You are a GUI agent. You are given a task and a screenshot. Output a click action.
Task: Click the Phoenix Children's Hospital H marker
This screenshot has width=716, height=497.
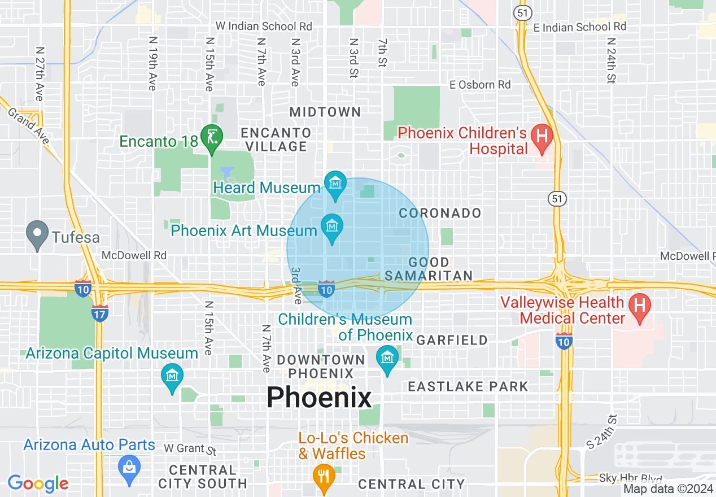(542, 138)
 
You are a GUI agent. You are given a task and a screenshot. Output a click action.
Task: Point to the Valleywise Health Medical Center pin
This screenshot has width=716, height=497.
(639, 307)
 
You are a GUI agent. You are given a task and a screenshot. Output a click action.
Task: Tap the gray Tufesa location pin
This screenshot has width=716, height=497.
(38, 234)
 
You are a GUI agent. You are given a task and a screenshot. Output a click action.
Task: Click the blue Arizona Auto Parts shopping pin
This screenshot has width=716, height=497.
(129, 469)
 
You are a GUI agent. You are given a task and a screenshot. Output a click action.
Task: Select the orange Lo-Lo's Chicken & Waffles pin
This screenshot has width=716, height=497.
(324, 476)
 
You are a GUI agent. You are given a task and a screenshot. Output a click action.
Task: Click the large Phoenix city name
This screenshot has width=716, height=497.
(319, 398)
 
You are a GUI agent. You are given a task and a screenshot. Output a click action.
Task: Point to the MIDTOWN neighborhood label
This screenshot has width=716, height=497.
(325, 112)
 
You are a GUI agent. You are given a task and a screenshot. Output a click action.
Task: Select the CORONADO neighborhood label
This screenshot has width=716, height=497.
(440, 213)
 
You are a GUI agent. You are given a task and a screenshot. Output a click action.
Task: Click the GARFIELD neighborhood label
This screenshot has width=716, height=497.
(452, 340)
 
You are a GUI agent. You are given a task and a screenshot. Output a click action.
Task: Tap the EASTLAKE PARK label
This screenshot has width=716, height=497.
(468, 386)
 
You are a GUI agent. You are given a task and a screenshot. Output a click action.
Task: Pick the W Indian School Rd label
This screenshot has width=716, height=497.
(264, 26)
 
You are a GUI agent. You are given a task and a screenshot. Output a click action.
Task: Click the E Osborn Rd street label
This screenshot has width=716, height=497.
(480, 85)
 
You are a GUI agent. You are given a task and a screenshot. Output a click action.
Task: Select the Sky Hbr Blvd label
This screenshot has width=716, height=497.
(631, 479)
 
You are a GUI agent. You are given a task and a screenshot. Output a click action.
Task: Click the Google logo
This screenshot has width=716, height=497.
(38, 483)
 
